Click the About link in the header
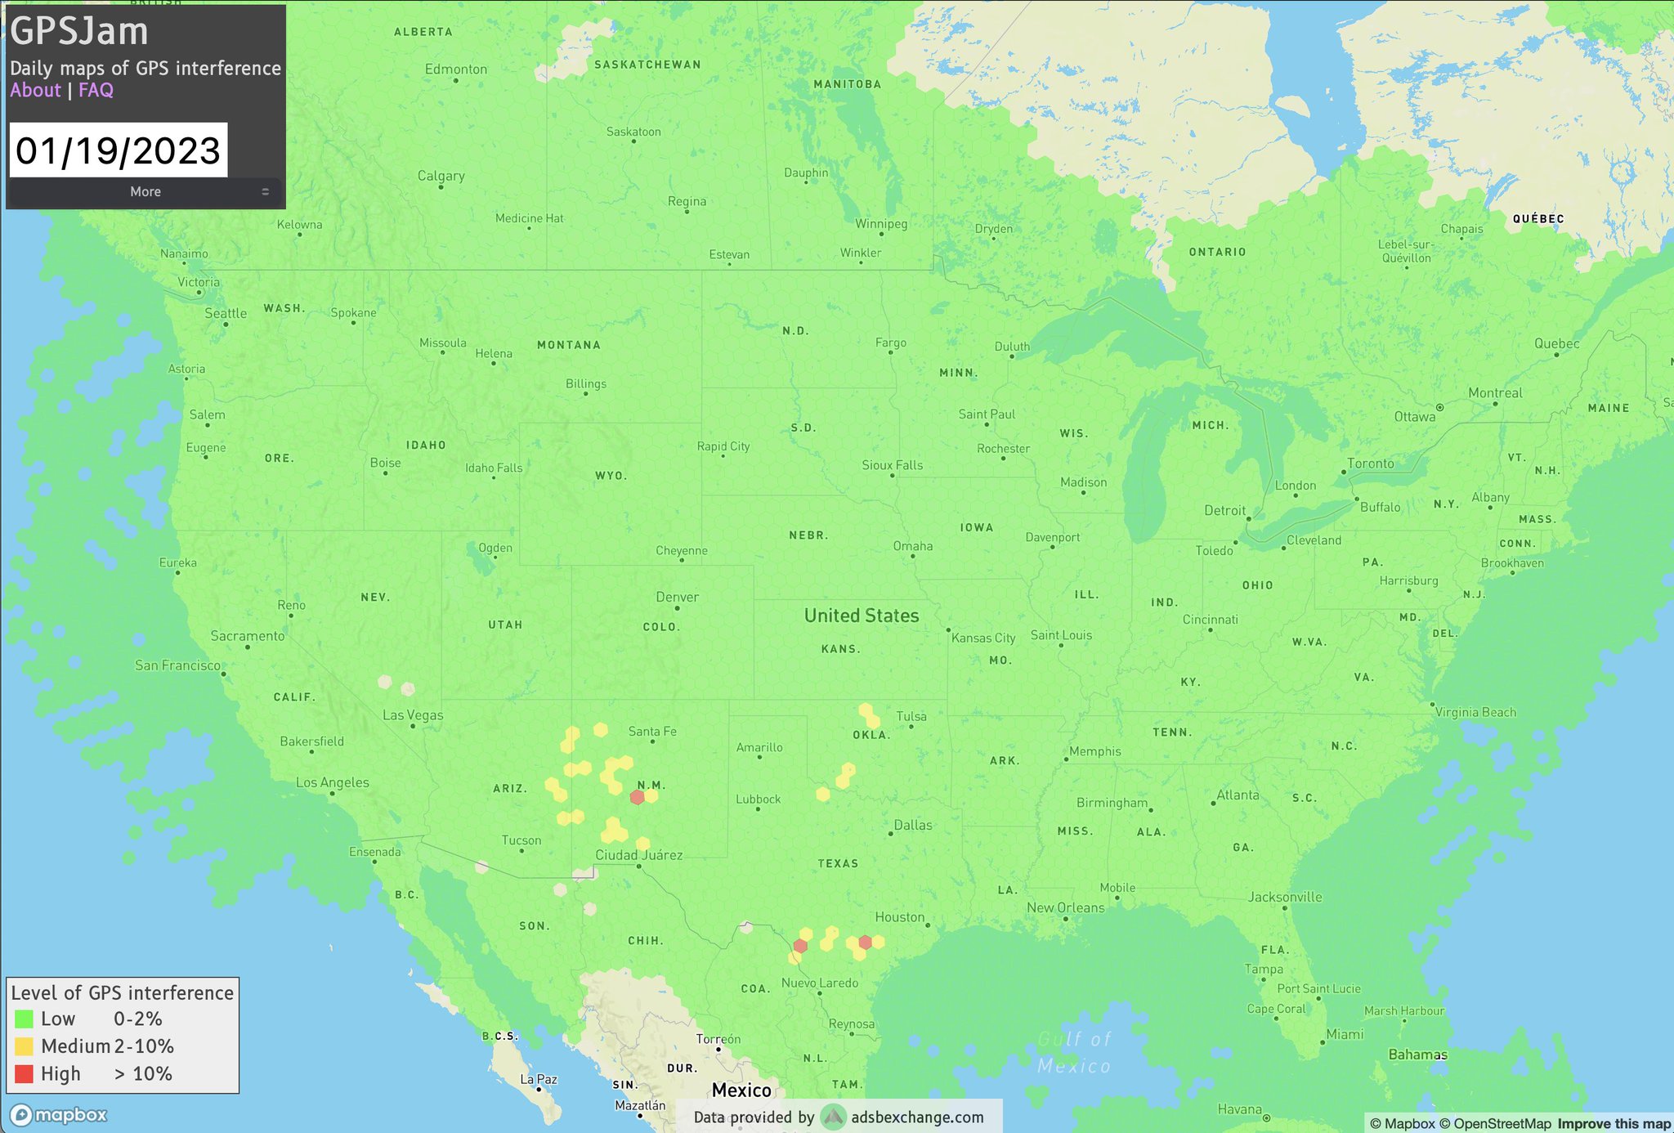point(35,91)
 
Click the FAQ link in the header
point(96,91)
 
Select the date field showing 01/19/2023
point(119,150)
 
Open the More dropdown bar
point(145,191)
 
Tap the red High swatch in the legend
point(25,1074)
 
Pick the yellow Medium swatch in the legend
point(25,1046)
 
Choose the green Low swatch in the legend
point(25,1019)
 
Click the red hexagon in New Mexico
point(638,797)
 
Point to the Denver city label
point(677,598)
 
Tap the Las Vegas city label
point(413,715)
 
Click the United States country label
point(862,616)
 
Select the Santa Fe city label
point(652,732)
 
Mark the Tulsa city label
point(911,717)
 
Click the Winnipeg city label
point(881,224)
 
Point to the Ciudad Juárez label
point(638,855)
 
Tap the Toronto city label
point(1371,463)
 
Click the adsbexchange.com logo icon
point(833,1117)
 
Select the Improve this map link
point(1614,1124)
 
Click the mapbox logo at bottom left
point(59,1115)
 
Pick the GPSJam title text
point(79,32)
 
